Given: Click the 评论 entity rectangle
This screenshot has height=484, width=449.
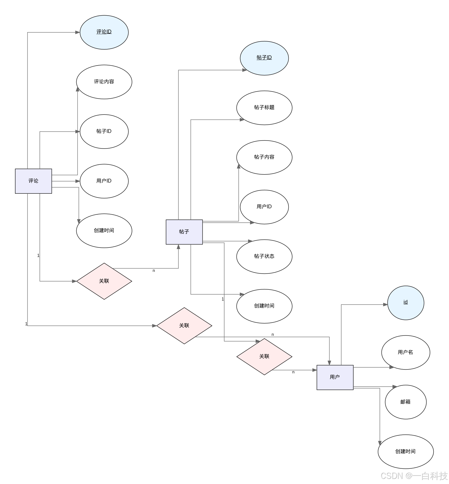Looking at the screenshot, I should tap(33, 181).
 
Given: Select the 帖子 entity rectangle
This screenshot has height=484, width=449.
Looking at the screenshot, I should tap(184, 232).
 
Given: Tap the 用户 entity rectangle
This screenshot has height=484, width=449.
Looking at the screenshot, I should tap(335, 377).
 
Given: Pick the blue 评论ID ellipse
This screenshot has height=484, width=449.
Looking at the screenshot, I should tap(104, 32).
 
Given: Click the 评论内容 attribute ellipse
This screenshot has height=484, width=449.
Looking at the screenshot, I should tap(104, 82).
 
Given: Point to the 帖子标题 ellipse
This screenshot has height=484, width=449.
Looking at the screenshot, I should tap(264, 107).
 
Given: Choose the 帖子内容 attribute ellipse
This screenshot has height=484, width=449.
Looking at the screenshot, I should tap(264, 157).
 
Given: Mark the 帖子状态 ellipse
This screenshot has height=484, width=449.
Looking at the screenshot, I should tap(264, 256).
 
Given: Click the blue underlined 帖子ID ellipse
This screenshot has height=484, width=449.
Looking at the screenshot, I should tap(264, 58).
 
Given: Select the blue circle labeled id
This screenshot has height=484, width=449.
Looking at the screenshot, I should tap(405, 302).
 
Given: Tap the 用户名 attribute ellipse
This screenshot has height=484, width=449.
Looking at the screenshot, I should tap(405, 352).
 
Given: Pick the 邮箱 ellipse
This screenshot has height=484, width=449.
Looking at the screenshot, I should tap(405, 402).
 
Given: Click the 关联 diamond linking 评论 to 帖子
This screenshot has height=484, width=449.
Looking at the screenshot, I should tap(104, 281).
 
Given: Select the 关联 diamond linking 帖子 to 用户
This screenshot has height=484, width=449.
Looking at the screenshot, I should tap(264, 356).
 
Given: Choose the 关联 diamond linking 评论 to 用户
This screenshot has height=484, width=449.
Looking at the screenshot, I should tap(184, 326).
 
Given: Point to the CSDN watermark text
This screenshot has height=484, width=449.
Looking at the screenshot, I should tap(414, 476).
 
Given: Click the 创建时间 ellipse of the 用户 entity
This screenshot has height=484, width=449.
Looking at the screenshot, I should tap(405, 452).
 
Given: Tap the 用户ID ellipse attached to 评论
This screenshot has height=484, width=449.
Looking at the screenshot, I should tap(104, 181).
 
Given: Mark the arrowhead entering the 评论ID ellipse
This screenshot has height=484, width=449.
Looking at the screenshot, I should tap(78, 32).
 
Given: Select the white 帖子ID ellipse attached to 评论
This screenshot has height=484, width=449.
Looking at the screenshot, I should tap(104, 131).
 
